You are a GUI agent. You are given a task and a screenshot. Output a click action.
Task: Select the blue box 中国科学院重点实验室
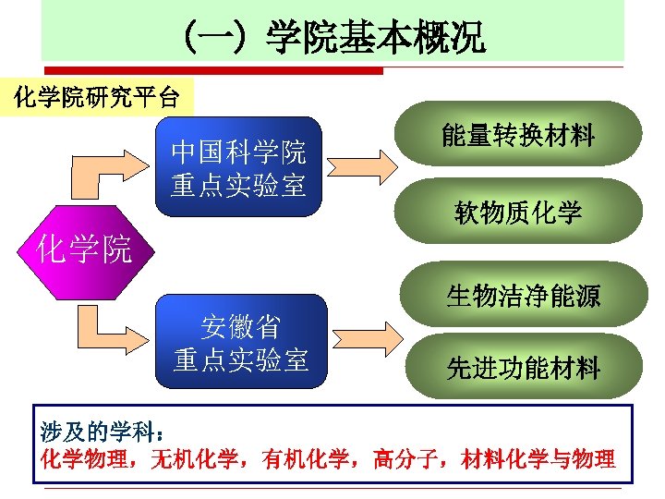pos(238,166)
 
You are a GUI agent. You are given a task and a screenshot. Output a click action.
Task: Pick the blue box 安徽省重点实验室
pos(240,343)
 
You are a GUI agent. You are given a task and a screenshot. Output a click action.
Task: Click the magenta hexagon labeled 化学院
pos(82,248)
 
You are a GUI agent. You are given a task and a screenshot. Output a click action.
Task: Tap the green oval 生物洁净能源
pos(522,296)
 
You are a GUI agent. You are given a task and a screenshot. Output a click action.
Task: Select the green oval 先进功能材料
pos(523,368)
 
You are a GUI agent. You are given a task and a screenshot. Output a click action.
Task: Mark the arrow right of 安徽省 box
pos(362,344)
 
